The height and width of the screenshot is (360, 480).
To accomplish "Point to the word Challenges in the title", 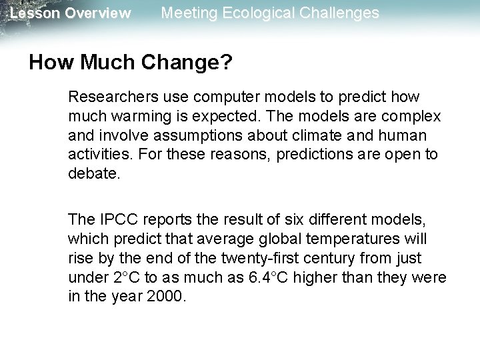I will point(341,13).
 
